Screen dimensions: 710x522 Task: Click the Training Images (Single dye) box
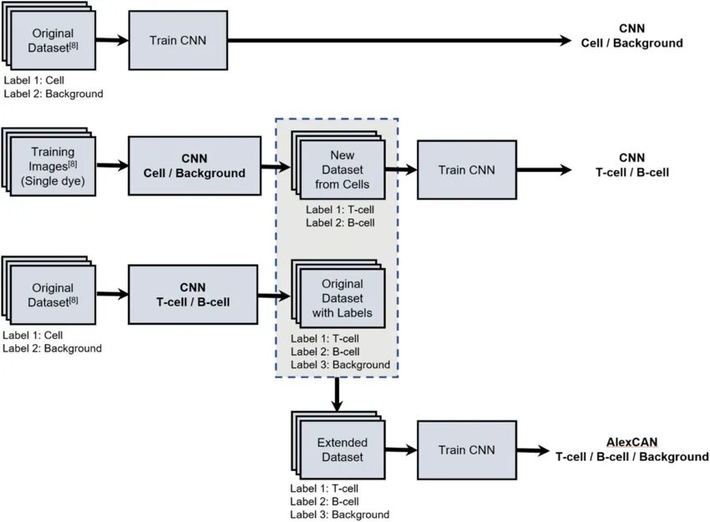(x=53, y=166)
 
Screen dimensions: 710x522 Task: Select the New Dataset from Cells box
(x=342, y=170)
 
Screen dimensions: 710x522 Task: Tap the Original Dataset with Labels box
(x=342, y=298)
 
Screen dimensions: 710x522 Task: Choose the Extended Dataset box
(x=342, y=449)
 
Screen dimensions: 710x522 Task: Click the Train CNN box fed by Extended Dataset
(x=467, y=450)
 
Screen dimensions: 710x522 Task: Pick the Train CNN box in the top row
(x=178, y=40)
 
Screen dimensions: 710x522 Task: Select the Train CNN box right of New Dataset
(x=467, y=170)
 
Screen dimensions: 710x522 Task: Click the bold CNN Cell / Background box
(x=195, y=165)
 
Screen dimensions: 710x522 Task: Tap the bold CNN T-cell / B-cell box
(x=193, y=295)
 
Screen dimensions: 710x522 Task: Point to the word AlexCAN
(x=631, y=443)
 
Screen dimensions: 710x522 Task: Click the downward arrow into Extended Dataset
(x=337, y=394)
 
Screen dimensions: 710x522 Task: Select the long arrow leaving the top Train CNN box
(x=399, y=40)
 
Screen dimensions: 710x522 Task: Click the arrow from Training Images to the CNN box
(x=112, y=165)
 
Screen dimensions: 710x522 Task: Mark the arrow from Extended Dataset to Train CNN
(x=401, y=450)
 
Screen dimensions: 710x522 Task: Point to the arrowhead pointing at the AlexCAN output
(x=544, y=450)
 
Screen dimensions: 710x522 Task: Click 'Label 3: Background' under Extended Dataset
(x=340, y=514)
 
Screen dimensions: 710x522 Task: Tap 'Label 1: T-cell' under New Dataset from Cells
(x=340, y=210)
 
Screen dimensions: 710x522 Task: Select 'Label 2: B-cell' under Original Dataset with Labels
(x=325, y=352)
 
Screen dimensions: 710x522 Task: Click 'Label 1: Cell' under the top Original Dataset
(x=34, y=80)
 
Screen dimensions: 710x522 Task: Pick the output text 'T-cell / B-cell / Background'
(x=632, y=457)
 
